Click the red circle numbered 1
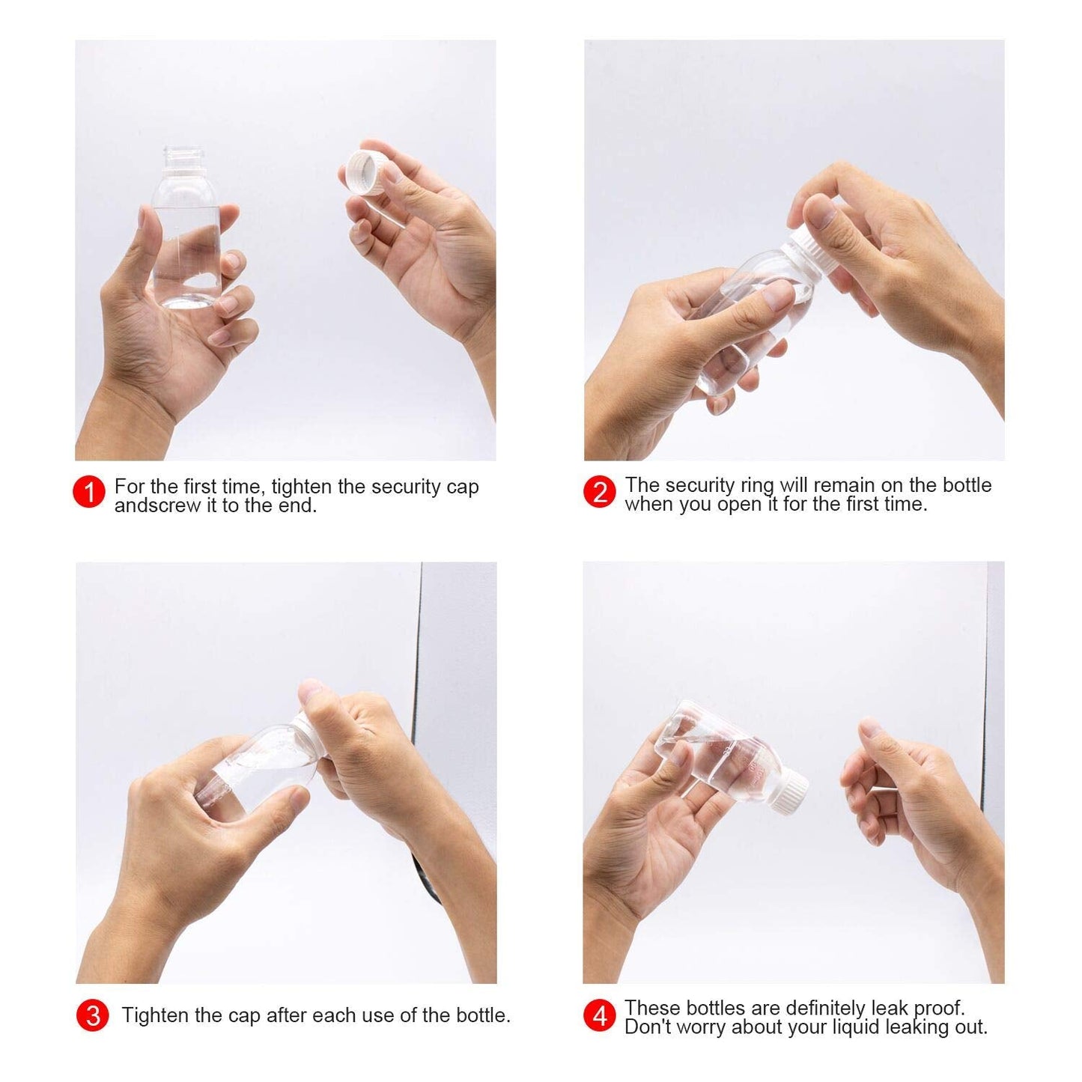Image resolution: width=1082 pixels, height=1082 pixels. point(89,492)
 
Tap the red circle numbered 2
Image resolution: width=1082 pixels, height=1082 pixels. point(599,492)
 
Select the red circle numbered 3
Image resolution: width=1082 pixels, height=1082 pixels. point(92,1015)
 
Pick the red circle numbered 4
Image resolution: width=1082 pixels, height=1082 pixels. point(599,1015)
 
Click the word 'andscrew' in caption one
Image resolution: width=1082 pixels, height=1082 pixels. point(146,506)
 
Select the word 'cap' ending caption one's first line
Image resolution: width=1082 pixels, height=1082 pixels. point(463,487)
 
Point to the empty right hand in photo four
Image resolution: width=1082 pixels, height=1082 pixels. point(921,809)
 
